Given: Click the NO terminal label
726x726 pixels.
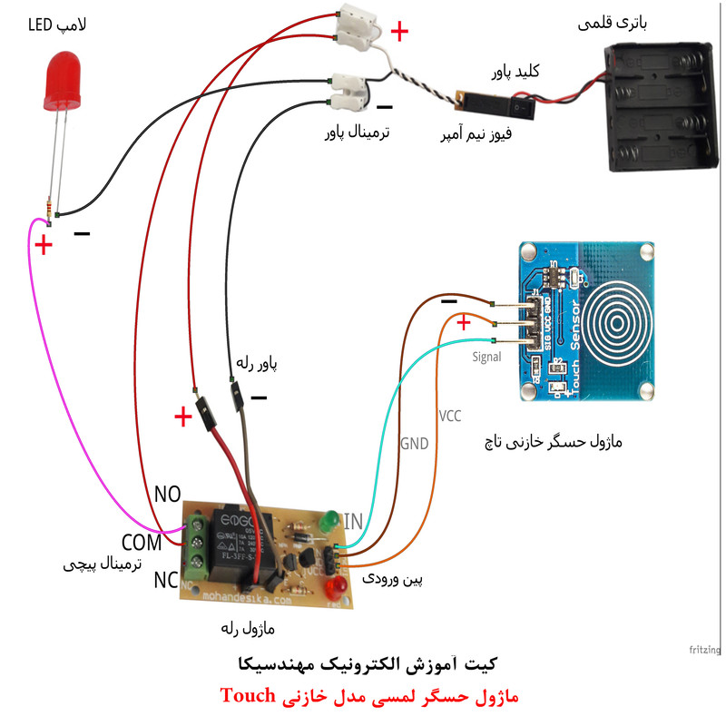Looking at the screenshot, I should [x=168, y=495].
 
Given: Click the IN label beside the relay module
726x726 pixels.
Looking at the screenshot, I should [x=353, y=521].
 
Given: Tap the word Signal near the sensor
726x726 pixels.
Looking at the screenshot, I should [x=486, y=357].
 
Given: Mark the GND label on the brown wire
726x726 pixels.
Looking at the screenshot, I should [x=415, y=444].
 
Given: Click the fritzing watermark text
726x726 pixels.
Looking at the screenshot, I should [x=704, y=650].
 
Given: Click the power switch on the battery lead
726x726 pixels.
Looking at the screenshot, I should [x=520, y=108].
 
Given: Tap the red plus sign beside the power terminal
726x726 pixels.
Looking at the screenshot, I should [x=398, y=33].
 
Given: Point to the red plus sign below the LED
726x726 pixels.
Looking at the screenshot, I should [x=43, y=245].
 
